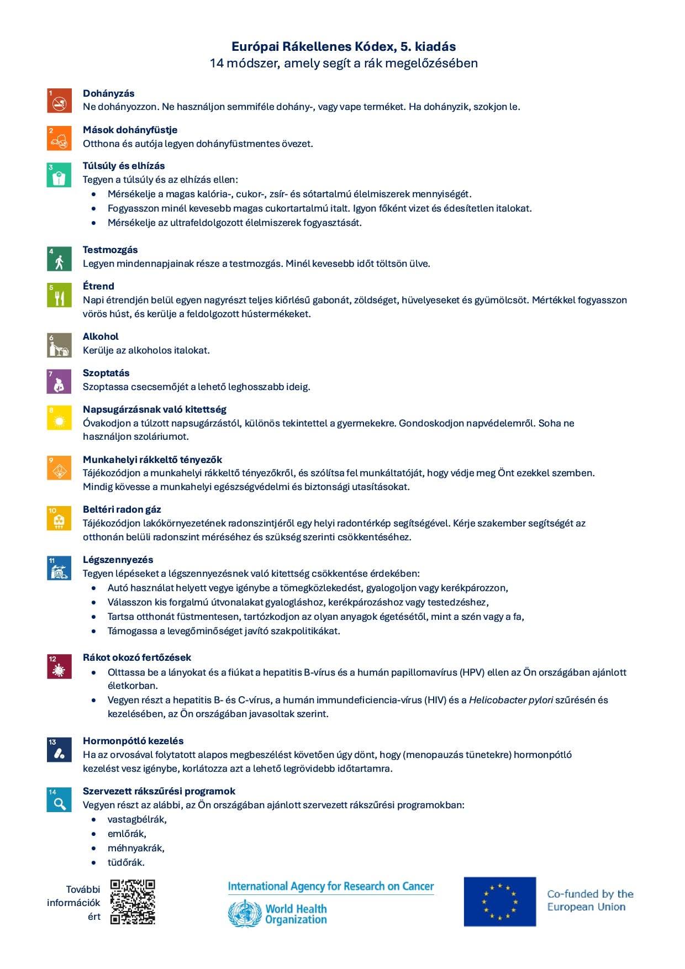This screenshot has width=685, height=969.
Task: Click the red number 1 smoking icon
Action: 59,100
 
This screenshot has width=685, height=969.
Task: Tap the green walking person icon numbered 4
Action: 59,259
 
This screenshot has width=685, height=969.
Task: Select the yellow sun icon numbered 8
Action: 59,418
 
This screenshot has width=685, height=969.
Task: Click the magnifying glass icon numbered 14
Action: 59,800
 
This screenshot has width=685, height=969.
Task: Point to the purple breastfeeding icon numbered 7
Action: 59,382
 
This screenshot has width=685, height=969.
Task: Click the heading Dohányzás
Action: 108,93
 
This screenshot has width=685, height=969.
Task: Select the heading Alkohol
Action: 101,336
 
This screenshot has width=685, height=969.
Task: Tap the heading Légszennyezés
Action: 118,560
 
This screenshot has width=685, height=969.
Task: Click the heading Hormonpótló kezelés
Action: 133,741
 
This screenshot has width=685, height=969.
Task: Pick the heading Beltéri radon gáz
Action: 122,509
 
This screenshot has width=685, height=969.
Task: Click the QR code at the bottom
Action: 133,902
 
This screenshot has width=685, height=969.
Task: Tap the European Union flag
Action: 499,902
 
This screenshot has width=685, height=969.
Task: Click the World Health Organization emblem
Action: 244,913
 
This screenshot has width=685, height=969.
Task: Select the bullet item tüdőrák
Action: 126,862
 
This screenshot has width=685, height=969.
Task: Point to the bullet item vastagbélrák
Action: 137,819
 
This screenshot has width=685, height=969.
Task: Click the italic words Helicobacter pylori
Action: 510,700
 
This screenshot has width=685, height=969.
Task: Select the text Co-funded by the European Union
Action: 590,900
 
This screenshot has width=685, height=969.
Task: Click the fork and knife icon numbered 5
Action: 59,295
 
